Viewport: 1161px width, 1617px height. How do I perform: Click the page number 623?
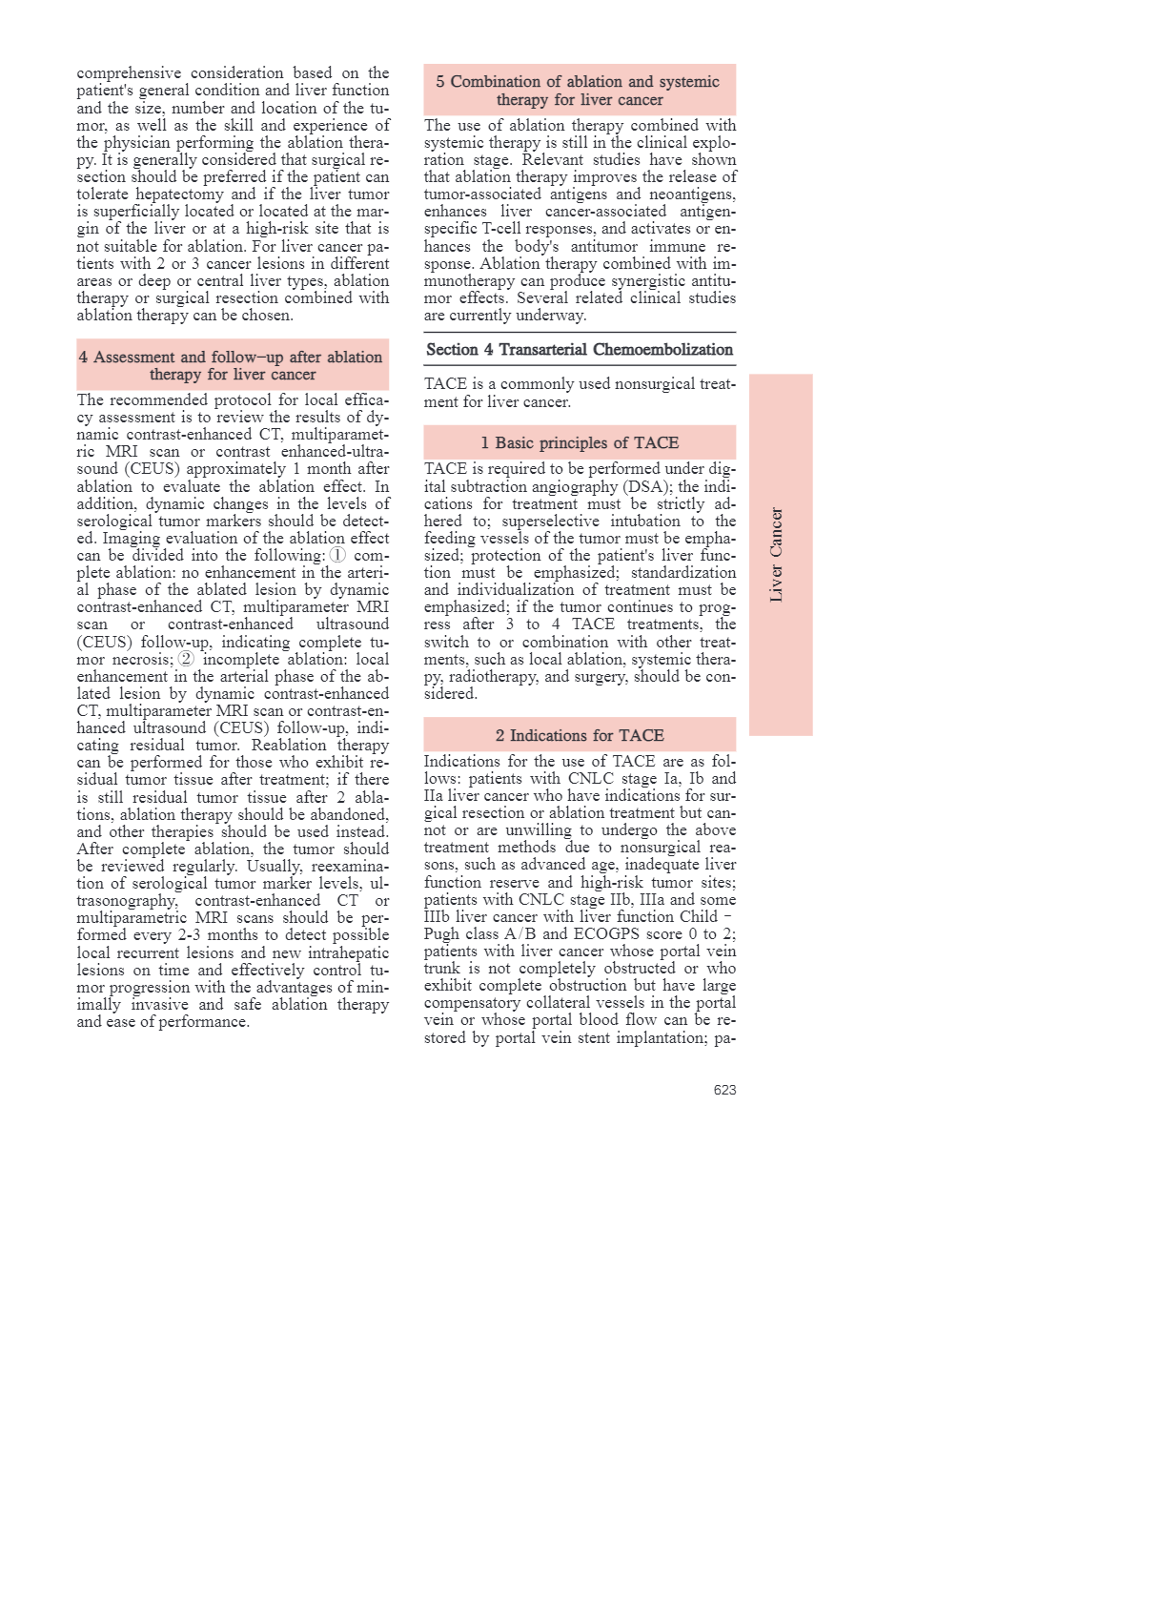pyautogui.click(x=724, y=1090)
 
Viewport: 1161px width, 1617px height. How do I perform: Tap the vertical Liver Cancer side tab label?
pyautogui.click(x=777, y=554)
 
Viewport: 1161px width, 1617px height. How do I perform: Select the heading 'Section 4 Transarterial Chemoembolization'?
pyautogui.click(x=580, y=350)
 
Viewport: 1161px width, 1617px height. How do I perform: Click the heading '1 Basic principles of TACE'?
pyautogui.click(x=580, y=442)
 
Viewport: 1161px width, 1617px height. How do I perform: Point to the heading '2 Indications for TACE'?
pyautogui.click(x=580, y=735)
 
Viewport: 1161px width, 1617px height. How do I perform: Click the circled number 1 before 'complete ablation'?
pyautogui.click(x=337, y=555)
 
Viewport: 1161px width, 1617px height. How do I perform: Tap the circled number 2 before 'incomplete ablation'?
pyautogui.click(x=186, y=659)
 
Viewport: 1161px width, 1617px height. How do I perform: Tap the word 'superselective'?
pyautogui.click(x=551, y=522)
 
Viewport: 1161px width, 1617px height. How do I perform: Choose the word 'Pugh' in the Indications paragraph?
pyautogui.click(x=442, y=934)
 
